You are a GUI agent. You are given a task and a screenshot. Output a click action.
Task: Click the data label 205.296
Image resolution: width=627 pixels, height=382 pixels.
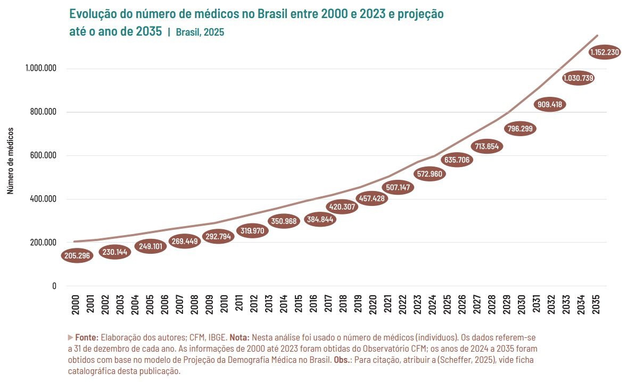(x=77, y=255)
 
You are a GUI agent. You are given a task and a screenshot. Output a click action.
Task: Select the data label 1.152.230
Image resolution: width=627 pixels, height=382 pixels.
(x=605, y=52)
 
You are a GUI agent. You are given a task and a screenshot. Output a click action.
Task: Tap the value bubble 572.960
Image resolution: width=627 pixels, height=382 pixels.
(x=429, y=174)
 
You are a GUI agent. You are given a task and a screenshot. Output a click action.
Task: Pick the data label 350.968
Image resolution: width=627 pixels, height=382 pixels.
(x=284, y=221)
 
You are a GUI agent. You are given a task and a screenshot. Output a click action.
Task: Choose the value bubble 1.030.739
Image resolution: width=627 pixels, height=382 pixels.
(x=578, y=78)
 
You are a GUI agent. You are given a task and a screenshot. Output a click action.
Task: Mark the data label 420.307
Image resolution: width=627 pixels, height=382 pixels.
(x=341, y=207)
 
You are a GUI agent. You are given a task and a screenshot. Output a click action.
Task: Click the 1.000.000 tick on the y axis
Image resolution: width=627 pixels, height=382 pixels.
(x=40, y=69)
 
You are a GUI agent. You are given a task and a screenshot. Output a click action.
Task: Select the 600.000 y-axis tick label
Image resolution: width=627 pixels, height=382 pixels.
(x=43, y=156)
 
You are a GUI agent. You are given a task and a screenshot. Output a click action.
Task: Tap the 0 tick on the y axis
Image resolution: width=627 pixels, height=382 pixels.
(x=54, y=286)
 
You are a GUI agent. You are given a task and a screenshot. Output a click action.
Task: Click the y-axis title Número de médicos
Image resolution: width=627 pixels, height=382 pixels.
(x=10, y=160)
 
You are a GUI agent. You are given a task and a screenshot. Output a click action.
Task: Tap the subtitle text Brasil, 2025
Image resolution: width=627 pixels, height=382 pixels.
(x=200, y=32)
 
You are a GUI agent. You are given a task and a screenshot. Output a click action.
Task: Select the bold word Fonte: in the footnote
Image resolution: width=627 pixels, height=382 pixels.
(x=87, y=337)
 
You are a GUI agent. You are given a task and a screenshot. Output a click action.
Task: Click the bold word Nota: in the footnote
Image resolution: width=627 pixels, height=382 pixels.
(x=240, y=337)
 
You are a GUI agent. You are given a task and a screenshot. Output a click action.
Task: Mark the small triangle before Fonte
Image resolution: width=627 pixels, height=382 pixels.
(x=70, y=337)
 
